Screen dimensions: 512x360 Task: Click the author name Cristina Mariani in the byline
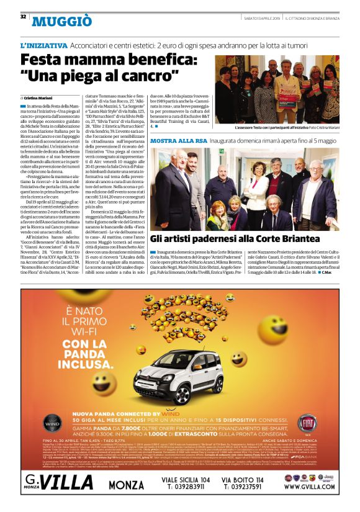point(39,98)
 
